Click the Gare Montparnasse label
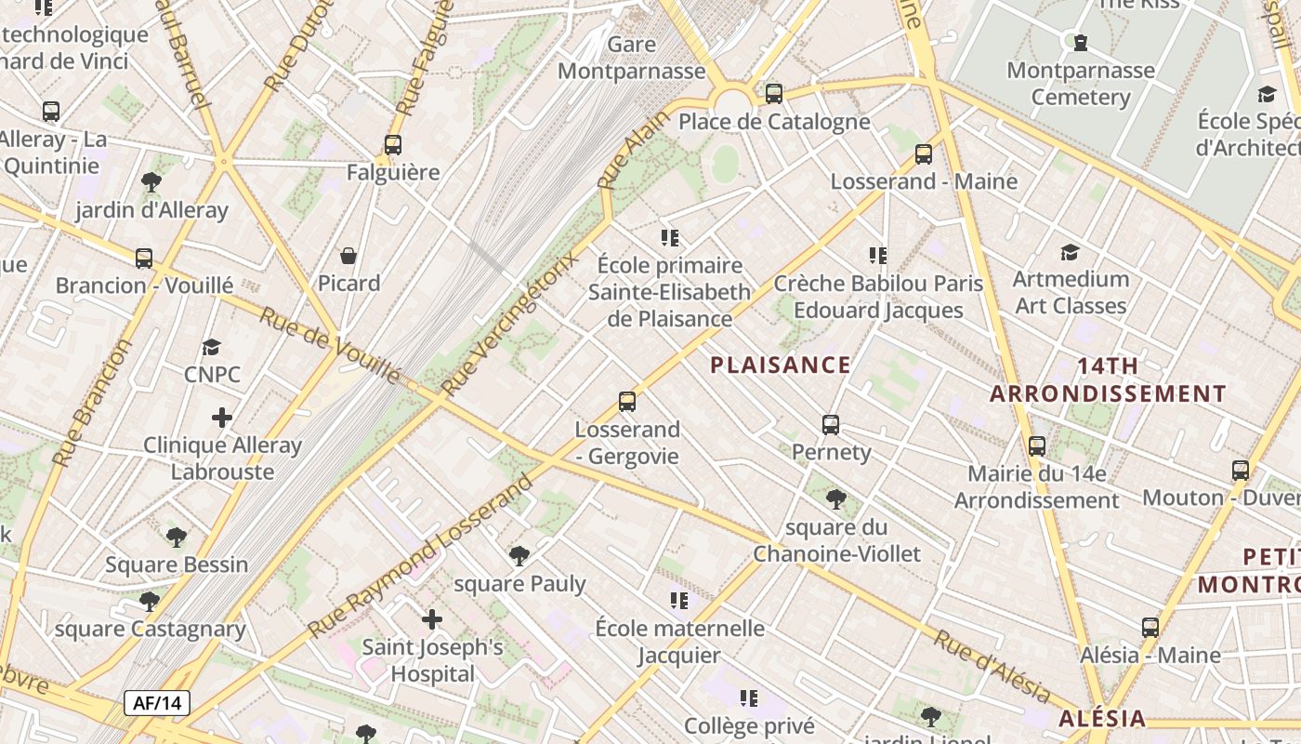[x=632, y=58]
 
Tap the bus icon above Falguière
[x=393, y=145]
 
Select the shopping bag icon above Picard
[x=348, y=256]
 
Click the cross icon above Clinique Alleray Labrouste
[x=222, y=418]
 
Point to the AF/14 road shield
[x=156, y=703]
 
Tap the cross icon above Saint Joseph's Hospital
[x=432, y=619]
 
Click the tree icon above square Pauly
[x=519, y=556]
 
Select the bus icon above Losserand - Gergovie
[x=627, y=402]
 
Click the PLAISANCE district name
[x=781, y=365]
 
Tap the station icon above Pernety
[x=831, y=425]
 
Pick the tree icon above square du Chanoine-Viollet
[x=836, y=499]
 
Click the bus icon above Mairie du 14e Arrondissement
[x=1037, y=446]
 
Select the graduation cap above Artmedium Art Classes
[x=1070, y=252]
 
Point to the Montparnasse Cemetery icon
[x=1081, y=42]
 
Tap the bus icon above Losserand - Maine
[x=924, y=154]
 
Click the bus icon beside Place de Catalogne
[x=774, y=94]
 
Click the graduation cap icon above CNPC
[x=212, y=347]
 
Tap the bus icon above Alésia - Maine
[x=1150, y=628]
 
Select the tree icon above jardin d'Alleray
[x=151, y=182]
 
